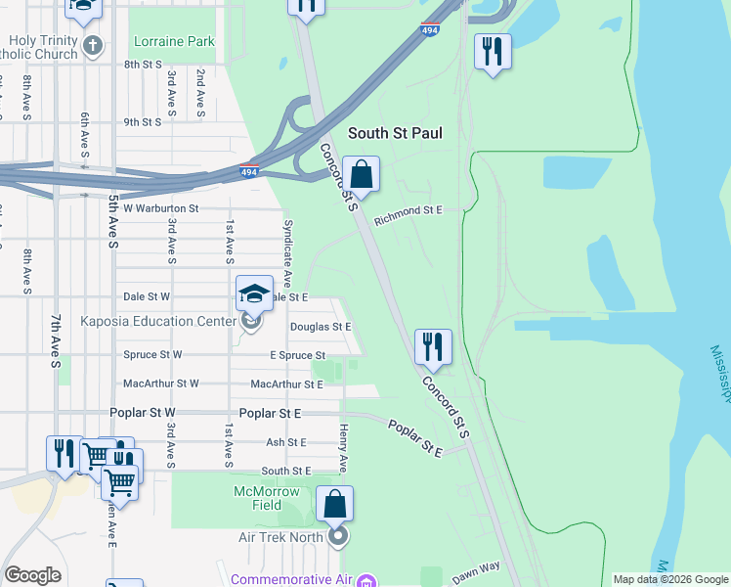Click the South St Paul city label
point(396,133)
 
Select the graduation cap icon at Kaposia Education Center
point(254,294)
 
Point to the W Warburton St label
point(160,208)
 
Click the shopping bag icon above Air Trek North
point(334,505)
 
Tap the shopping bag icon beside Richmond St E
point(361,175)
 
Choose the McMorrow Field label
point(272,498)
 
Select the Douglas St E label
point(320,327)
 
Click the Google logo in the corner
point(32,575)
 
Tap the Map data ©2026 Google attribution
point(669,579)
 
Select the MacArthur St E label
point(286,384)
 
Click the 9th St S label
point(142,122)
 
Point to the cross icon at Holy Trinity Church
point(92,45)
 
